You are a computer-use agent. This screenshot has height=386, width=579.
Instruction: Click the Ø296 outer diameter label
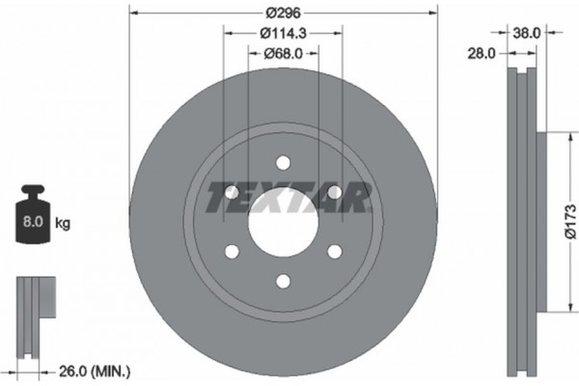tap(284, 14)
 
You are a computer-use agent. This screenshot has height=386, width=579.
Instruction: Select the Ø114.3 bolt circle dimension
tap(284, 34)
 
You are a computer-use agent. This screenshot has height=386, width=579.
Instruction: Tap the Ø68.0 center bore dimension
tap(284, 54)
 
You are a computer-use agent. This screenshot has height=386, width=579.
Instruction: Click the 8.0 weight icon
tap(33, 221)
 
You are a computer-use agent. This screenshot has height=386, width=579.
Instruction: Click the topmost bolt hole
tap(283, 163)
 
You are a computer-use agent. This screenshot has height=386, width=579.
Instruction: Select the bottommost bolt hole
tap(283, 281)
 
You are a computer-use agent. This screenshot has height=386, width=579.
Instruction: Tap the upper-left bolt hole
tap(232, 193)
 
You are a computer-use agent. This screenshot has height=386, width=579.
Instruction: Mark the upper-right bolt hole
tap(334, 193)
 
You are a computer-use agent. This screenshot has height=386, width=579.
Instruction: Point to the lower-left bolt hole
tap(232, 252)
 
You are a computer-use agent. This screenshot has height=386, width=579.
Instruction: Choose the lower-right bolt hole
tap(334, 252)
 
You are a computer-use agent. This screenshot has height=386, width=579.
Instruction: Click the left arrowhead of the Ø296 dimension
tap(132, 14)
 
